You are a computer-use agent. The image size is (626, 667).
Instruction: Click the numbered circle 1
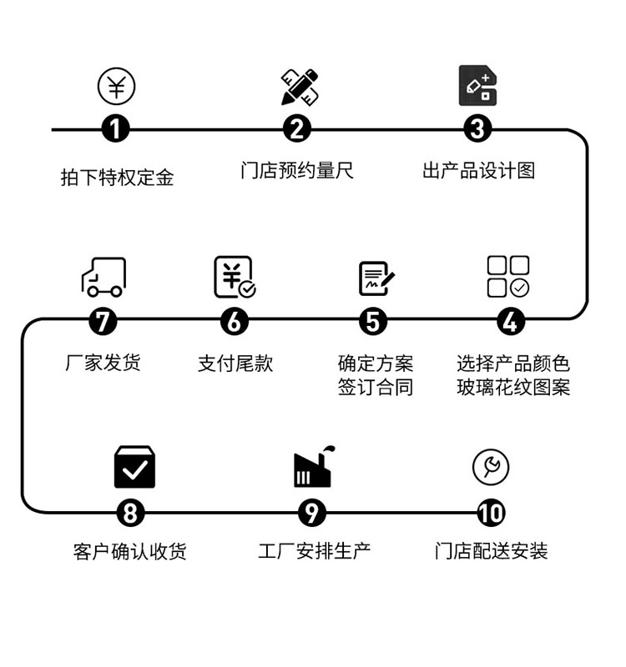click(116, 130)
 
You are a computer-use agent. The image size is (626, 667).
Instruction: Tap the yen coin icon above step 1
click(116, 87)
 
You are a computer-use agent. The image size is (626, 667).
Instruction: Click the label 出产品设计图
click(478, 171)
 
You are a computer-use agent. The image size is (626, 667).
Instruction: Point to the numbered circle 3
click(477, 130)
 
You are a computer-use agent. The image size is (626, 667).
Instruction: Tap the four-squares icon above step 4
click(508, 277)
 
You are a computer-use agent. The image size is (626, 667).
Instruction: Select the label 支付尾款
click(235, 364)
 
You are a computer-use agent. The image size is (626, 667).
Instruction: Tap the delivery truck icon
click(103, 277)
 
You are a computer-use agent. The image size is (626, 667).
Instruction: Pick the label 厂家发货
click(103, 363)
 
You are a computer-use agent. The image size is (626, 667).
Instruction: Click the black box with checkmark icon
click(134, 468)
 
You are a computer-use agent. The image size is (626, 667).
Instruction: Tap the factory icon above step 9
click(314, 468)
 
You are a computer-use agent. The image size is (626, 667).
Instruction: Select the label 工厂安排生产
click(314, 551)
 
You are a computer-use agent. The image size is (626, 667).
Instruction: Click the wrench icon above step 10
click(491, 468)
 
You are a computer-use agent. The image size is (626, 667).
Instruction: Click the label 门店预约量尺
click(297, 171)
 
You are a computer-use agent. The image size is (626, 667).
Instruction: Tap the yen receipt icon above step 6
click(235, 278)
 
